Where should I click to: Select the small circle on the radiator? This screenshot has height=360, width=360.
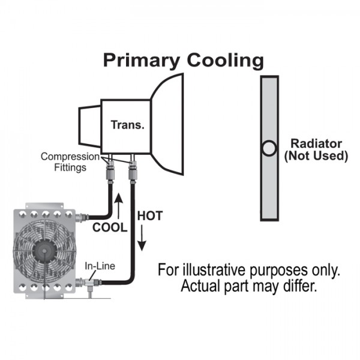269,147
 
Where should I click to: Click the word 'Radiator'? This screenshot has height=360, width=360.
316,144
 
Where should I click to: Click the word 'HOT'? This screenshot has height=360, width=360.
149,215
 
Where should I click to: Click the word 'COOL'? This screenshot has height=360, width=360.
109,228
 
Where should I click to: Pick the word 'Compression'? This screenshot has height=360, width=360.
70,157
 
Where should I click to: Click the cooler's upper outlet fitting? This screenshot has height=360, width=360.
82,216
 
